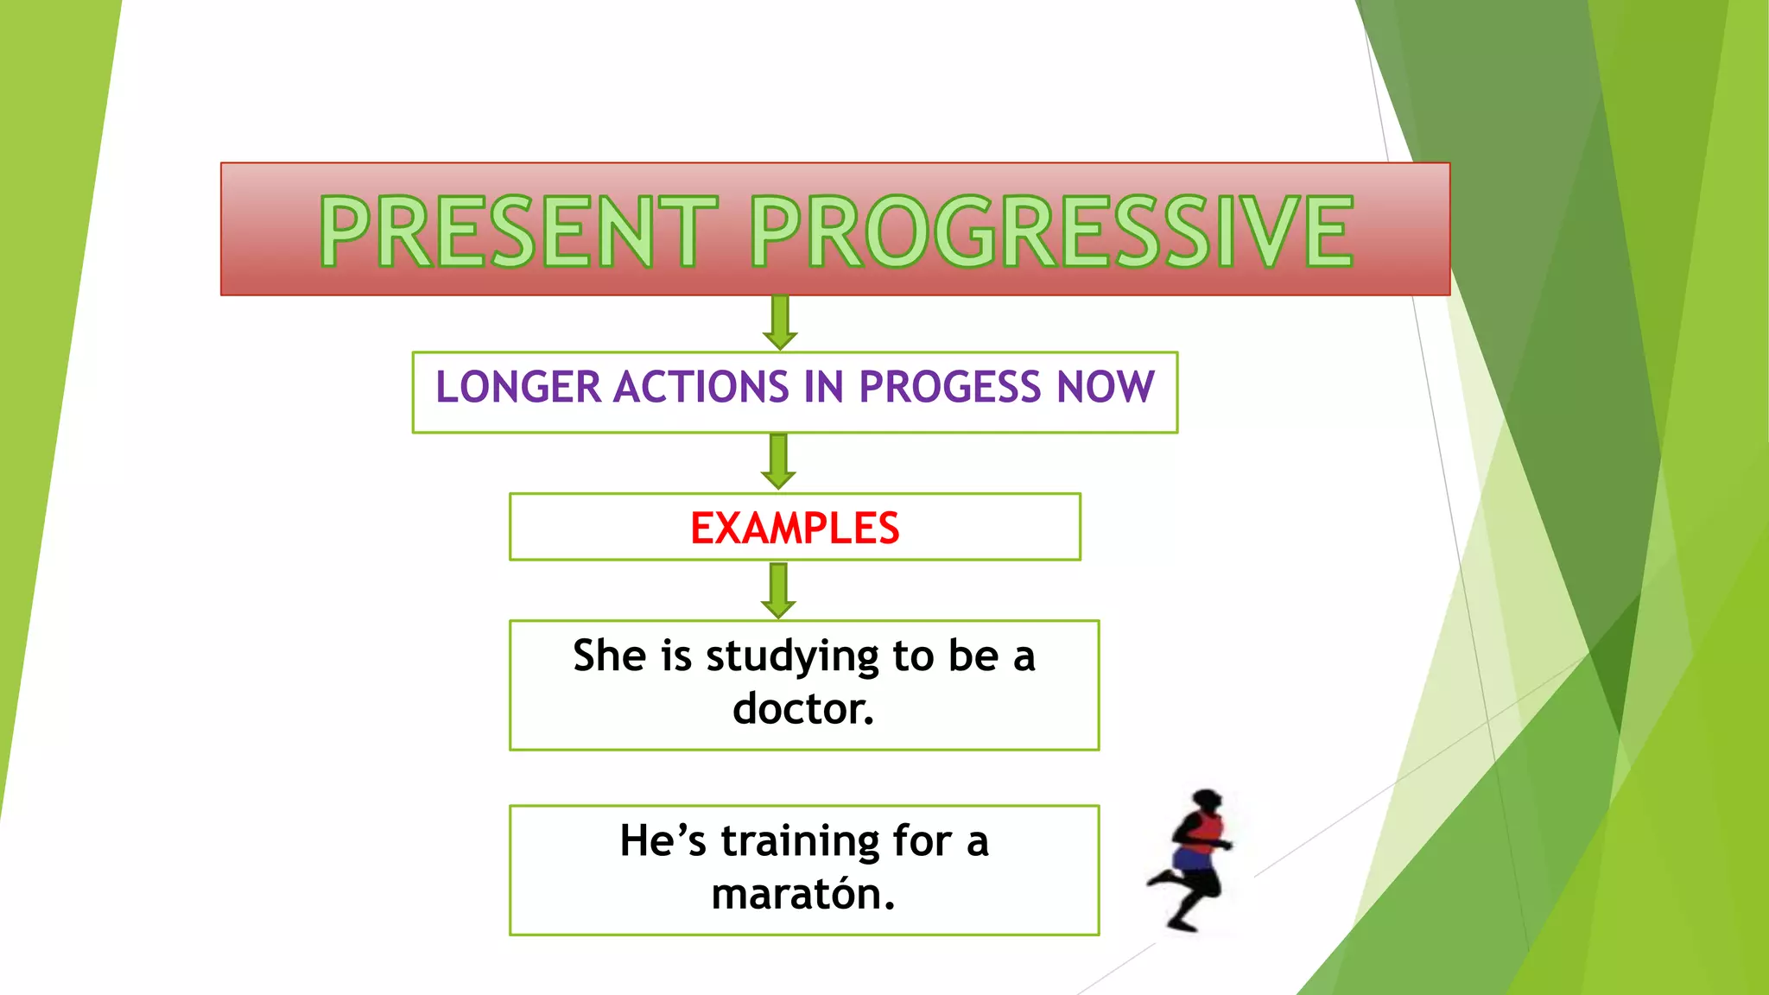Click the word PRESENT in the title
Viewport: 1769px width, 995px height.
518,231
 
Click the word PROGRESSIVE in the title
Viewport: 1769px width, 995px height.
1050,231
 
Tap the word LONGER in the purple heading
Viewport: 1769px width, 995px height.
517,387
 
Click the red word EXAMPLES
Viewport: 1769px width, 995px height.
795,529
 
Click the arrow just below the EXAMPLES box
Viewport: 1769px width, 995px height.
778,591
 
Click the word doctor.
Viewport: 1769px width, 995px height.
802,709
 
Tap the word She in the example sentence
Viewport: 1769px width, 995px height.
609,656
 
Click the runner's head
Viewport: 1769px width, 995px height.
1206,799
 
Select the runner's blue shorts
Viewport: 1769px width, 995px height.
1193,860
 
